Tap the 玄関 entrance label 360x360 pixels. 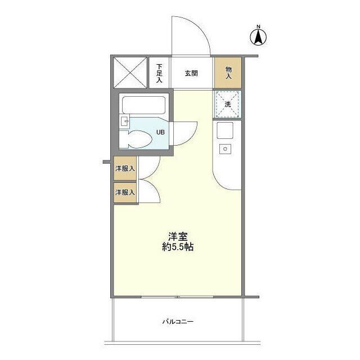pyautogui.click(x=191, y=73)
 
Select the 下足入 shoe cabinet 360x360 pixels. pyautogui.click(x=159, y=73)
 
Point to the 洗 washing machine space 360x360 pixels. pyautogui.click(x=228, y=105)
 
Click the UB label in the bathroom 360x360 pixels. pyautogui.click(x=160, y=132)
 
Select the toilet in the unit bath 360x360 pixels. pyautogui.click(x=135, y=139)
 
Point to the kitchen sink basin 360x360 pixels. pyautogui.click(x=226, y=133)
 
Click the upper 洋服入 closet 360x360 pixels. pyautogui.click(x=125, y=168)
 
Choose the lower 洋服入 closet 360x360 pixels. pyautogui.click(x=125, y=192)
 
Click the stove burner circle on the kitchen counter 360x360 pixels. pyautogui.click(x=226, y=148)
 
